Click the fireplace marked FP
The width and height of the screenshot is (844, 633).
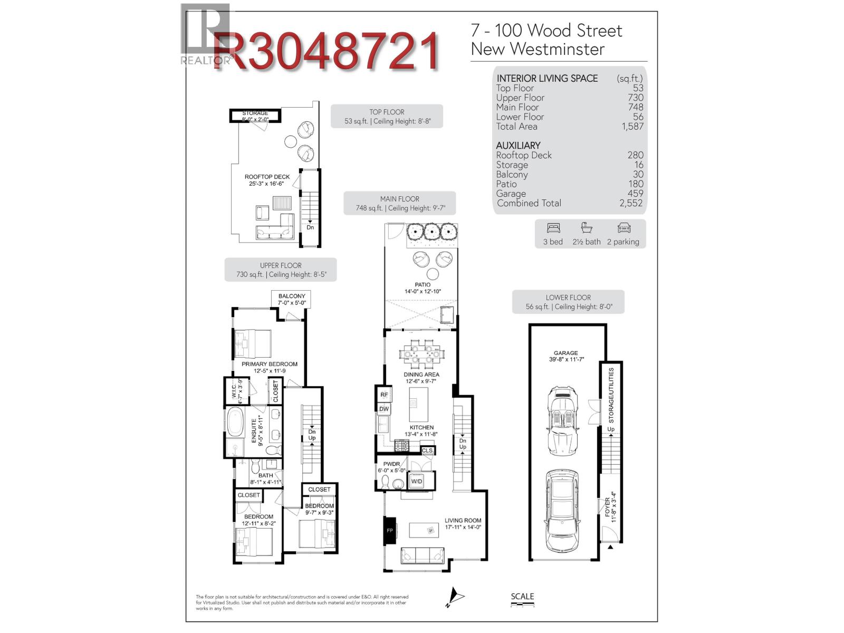tap(390, 530)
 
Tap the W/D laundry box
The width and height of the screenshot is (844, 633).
tap(417, 482)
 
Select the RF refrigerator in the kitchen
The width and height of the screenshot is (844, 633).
tap(384, 395)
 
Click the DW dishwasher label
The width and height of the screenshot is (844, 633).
tap(384, 409)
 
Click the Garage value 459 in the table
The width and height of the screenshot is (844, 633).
tap(635, 194)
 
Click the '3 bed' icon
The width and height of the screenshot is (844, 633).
tap(553, 228)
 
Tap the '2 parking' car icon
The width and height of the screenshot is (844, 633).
tap(624, 228)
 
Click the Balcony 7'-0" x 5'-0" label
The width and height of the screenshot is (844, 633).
tap(292, 300)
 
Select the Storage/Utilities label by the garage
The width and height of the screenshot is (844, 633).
tap(611, 396)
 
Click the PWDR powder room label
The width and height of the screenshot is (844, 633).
tap(391, 464)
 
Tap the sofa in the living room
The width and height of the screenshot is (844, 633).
tap(423, 555)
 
